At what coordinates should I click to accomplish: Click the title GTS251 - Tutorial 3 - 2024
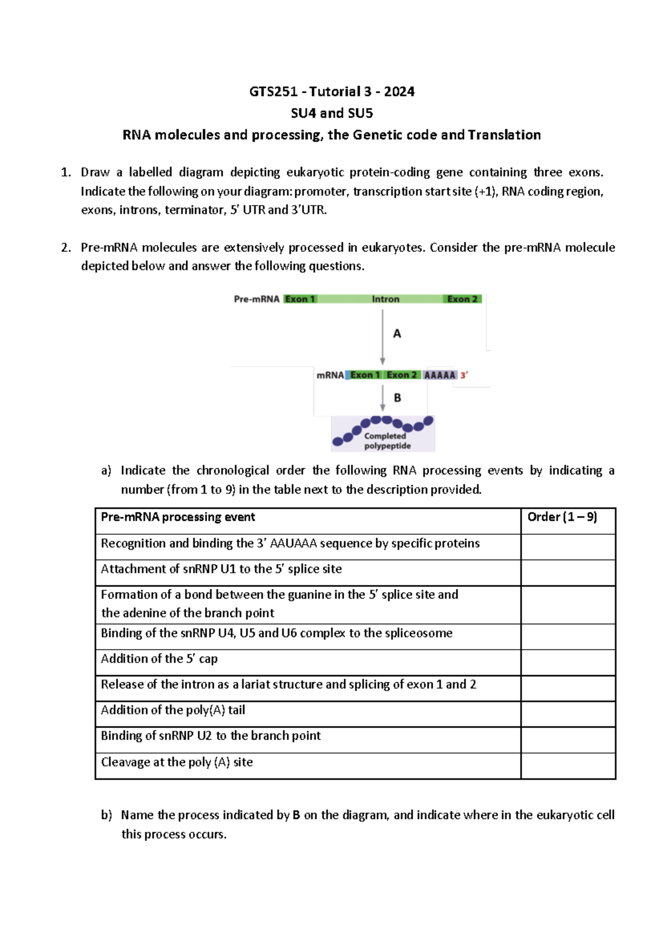(331, 91)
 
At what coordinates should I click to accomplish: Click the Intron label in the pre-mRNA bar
(385, 299)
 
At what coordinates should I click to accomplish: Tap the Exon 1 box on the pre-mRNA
(300, 299)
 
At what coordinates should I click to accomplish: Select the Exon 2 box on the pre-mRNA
(462, 299)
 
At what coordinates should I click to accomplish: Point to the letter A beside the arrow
(397, 334)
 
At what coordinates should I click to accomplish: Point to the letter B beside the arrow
(397, 398)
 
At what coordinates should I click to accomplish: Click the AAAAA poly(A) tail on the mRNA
(439, 375)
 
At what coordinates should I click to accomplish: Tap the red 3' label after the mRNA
(464, 375)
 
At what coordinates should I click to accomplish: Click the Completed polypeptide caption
(387, 441)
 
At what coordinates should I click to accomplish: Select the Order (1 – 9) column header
(562, 517)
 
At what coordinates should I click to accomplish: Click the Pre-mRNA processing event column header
(178, 517)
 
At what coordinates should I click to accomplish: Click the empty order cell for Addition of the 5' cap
(568, 662)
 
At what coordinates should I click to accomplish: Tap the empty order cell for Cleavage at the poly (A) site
(568, 766)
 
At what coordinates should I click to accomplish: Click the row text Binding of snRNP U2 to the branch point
(211, 736)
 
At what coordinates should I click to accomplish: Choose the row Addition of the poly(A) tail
(173, 710)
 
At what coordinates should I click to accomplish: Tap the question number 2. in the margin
(66, 248)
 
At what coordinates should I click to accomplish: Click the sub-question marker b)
(107, 815)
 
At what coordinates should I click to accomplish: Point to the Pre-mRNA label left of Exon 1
(256, 299)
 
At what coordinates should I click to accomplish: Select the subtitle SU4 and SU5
(331, 113)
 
